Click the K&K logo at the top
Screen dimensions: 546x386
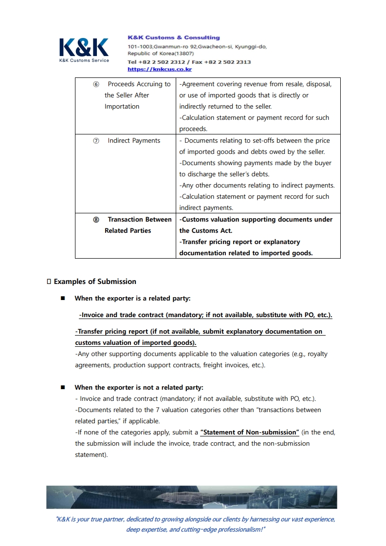[84, 48]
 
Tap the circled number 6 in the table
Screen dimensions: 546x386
[96, 84]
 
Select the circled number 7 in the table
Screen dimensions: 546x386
[96, 141]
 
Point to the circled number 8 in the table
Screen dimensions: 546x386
[96, 220]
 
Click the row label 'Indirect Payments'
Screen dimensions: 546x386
[134, 141]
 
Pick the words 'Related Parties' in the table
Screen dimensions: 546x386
[128, 231]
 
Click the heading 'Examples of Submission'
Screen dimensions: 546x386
[95, 282]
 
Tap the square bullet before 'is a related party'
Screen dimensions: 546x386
[63, 299]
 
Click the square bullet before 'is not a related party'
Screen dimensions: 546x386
[63, 388]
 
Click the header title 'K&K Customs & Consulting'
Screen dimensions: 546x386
[173, 38]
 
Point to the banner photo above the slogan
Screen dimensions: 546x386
[192, 497]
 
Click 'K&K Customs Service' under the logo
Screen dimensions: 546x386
[84, 60]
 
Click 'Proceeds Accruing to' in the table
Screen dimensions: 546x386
[139, 84]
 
